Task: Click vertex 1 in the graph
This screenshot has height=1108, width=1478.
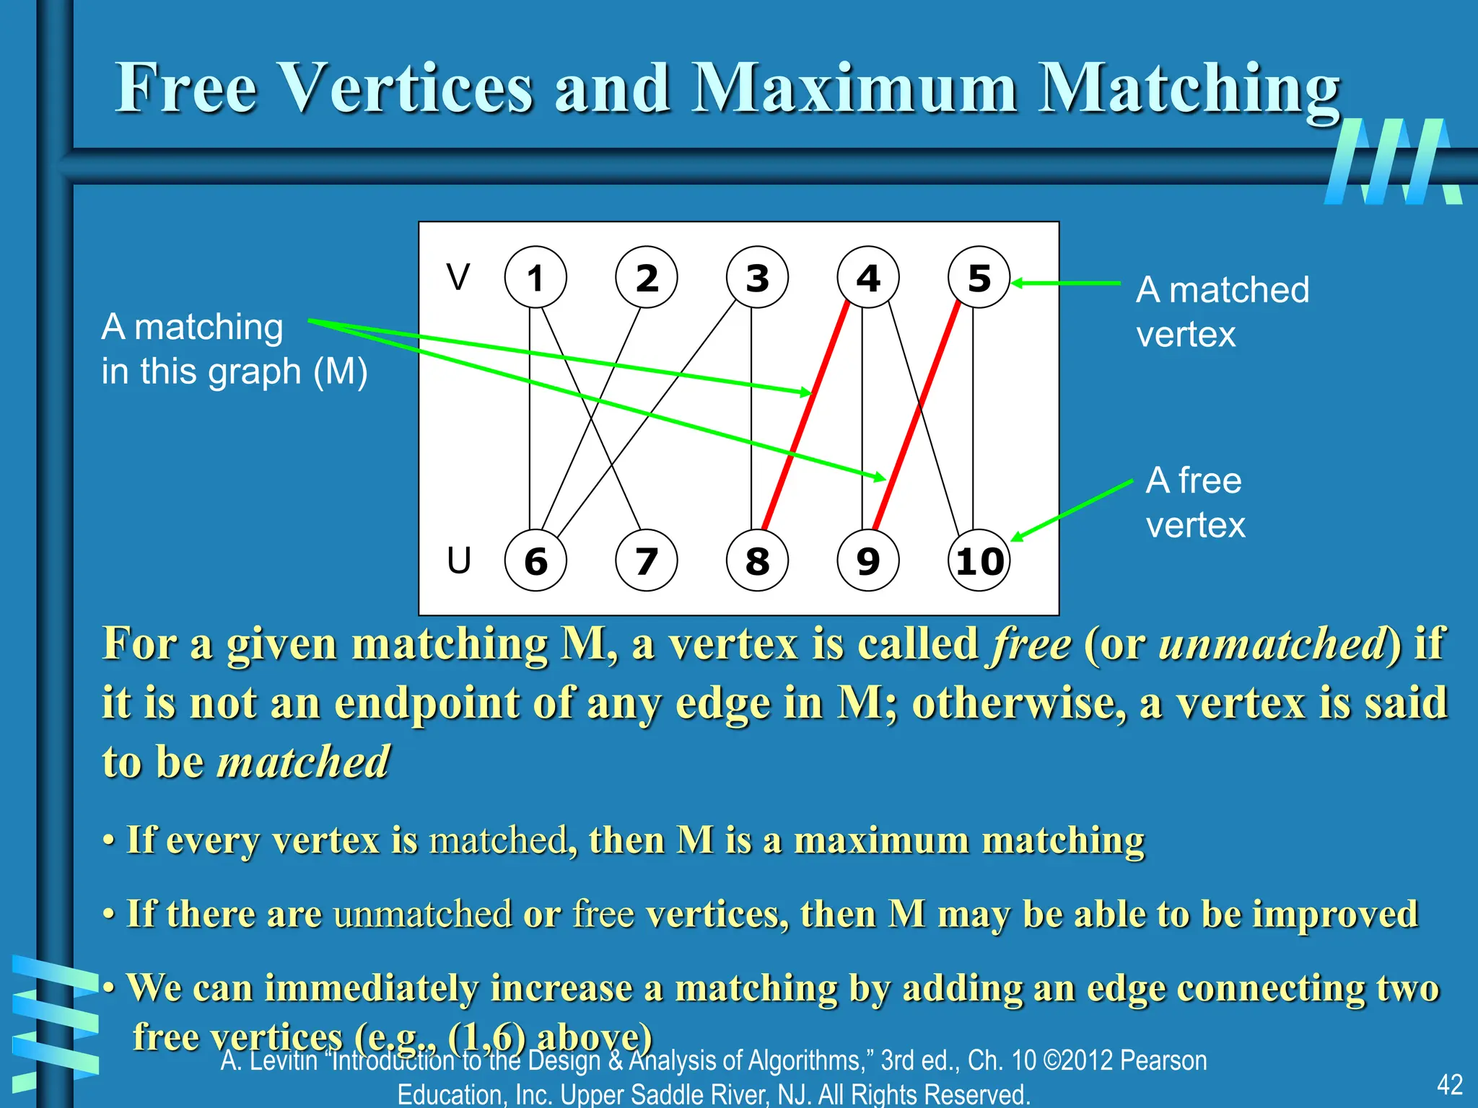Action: click(535, 278)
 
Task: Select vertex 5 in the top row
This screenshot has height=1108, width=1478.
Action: click(979, 278)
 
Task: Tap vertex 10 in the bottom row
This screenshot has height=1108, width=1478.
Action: click(979, 561)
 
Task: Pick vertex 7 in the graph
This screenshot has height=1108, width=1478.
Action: click(646, 561)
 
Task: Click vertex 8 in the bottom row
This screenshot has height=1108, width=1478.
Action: click(757, 561)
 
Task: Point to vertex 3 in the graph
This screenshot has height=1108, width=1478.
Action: click(757, 278)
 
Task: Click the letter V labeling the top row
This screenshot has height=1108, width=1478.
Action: click(458, 277)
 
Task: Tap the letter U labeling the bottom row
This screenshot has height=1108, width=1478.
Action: click(459, 560)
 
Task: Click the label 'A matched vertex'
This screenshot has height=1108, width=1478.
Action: click(1222, 312)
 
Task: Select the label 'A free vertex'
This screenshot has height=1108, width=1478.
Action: click(1195, 502)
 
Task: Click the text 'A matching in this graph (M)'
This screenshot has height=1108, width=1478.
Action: click(234, 349)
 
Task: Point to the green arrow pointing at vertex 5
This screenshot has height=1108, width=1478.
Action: click(1067, 283)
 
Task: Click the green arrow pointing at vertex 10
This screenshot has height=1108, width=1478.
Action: click(1072, 510)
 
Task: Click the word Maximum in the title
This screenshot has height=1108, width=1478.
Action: click(854, 88)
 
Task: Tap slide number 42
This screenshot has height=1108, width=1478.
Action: click(1449, 1084)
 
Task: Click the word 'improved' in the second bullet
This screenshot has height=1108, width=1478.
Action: click(1335, 914)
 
